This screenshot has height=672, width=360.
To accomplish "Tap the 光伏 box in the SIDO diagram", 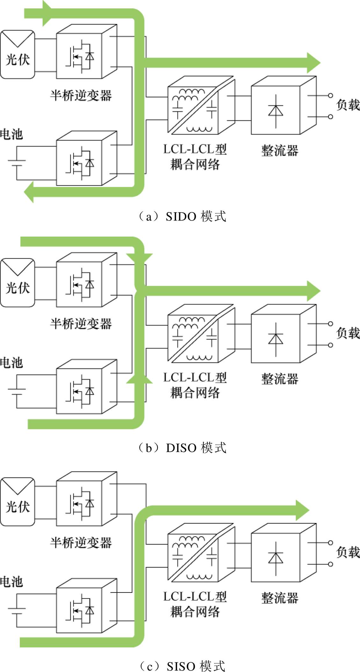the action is tap(18, 54).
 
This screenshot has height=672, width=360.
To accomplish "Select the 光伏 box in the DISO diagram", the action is tap(18, 283).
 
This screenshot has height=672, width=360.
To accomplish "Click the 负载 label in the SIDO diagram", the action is tap(348, 105).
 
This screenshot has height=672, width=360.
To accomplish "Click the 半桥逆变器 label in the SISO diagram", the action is tap(81, 543).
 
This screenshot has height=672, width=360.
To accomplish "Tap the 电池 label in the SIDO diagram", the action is tap(11, 134).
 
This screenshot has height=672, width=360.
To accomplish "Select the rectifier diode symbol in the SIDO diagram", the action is tap(276, 111).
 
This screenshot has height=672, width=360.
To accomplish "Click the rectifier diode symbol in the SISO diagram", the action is tap(276, 559).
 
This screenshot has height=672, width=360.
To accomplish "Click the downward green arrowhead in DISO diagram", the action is tap(140, 259).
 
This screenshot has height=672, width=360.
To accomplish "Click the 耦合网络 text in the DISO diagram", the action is tap(195, 393).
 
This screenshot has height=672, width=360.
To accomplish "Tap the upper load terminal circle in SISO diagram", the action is tap(331, 543).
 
